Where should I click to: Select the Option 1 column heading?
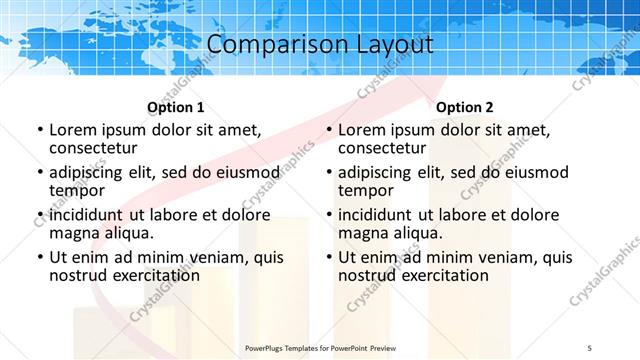176,107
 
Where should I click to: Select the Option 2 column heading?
465,107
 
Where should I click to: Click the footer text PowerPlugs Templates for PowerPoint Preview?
320,347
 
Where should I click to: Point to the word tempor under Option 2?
363,191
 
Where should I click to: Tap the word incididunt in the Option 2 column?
375,215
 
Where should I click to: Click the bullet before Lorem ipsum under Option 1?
39,131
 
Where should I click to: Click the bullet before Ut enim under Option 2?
328,257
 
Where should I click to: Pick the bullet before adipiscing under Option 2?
328,173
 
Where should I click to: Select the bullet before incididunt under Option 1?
39,215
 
